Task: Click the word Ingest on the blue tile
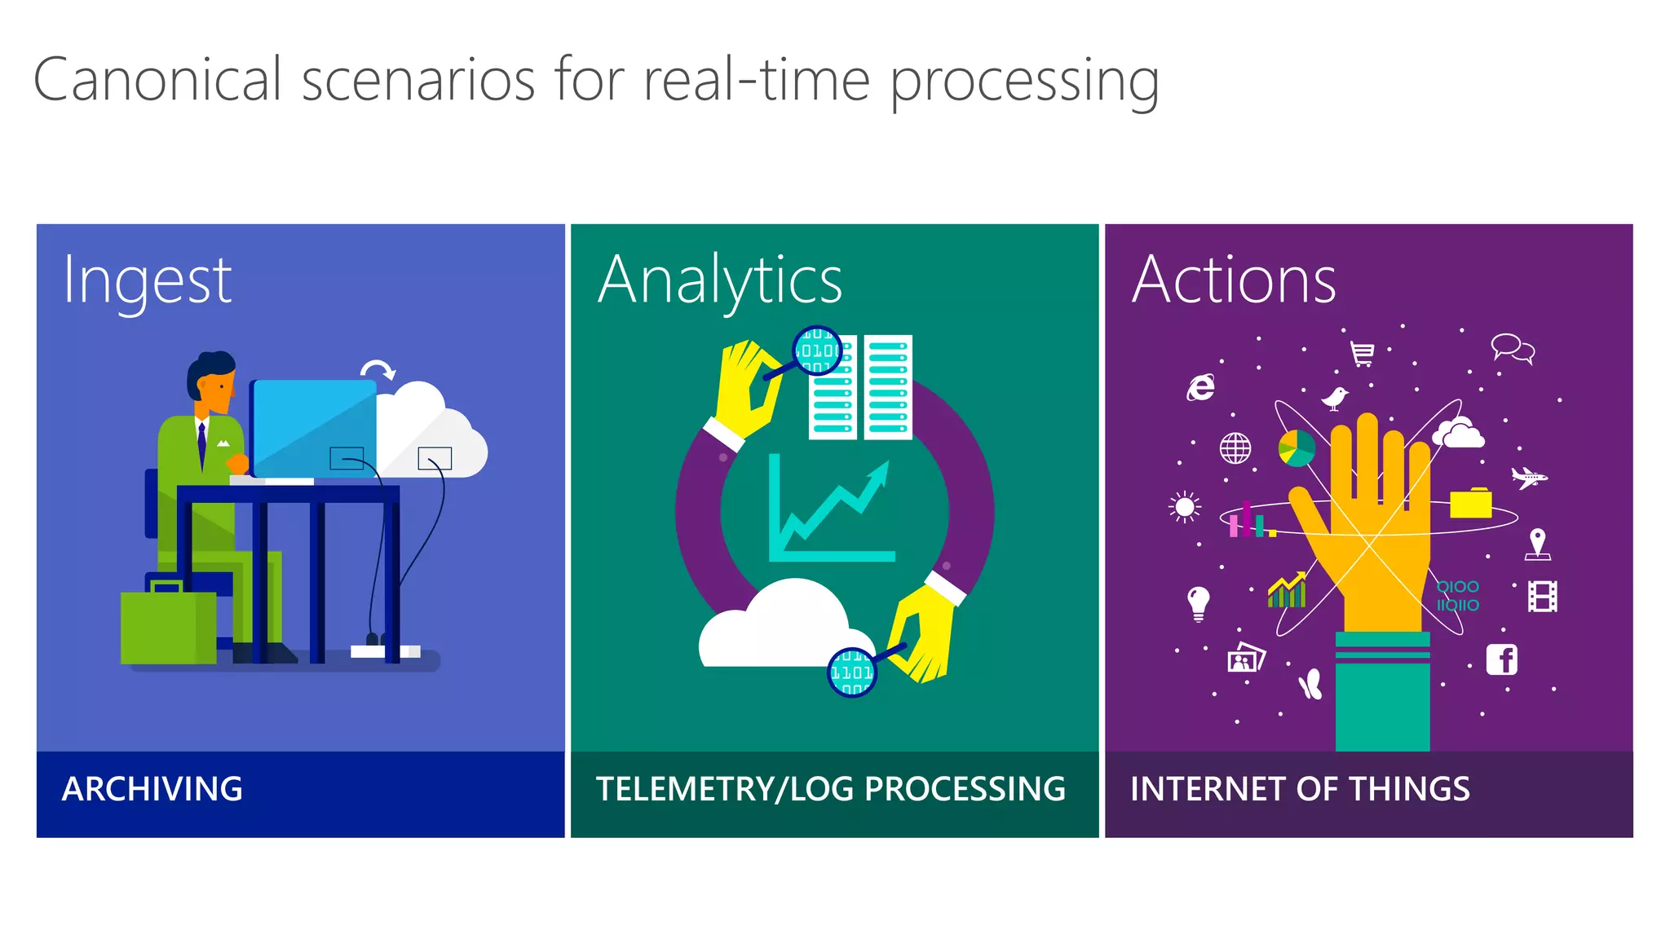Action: pos(148,281)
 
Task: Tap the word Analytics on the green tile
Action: pos(720,281)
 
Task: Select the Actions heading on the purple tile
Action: pos(1234,280)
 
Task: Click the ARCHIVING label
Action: pos(152,789)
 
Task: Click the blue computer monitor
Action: pos(313,427)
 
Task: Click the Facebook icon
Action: pos(1501,659)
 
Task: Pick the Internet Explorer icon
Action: pos(1200,387)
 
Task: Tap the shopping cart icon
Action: pos(1362,354)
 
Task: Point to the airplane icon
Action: pos(1528,477)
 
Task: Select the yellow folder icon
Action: pos(1470,504)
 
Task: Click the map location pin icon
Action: pos(1537,543)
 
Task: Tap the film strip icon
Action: pos(1542,597)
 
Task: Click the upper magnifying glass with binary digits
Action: pos(817,350)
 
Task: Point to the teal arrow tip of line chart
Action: pos(882,469)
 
